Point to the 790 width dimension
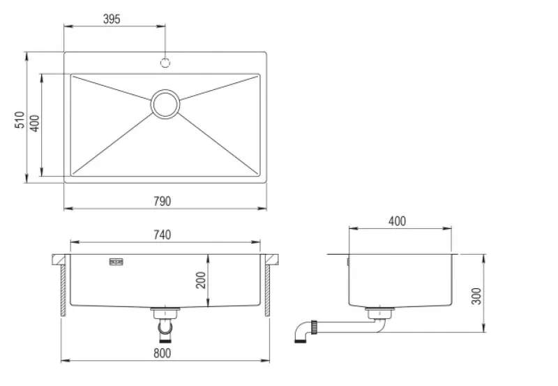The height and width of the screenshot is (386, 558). (x=163, y=201)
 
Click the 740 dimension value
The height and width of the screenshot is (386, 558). (x=162, y=235)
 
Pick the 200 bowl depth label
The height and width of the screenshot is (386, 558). (x=201, y=279)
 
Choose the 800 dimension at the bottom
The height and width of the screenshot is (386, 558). (x=162, y=353)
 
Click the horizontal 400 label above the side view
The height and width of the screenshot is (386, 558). (x=396, y=221)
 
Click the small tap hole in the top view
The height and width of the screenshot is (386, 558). (x=165, y=63)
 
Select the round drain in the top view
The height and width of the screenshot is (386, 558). (x=165, y=104)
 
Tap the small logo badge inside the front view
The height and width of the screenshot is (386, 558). (x=116, y=262)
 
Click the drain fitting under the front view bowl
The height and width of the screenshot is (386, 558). (x=166, y=311)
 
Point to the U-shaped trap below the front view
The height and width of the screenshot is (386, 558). (x=165, y=327)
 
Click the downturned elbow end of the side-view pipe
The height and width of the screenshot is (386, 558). (x=301, y=337)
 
